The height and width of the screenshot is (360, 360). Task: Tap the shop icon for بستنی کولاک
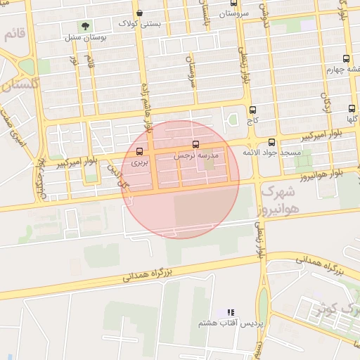(x=139, y=13)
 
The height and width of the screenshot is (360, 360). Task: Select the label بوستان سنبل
(x=85, y=37)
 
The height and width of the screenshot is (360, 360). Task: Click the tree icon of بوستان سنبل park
(x=85, y=27)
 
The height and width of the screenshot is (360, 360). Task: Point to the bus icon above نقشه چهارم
(x=345, y=59)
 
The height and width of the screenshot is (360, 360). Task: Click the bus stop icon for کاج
(x=252, y=110)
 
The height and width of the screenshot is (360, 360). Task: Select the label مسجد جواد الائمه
(x=272, y=152)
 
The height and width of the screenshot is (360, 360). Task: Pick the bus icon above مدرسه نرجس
(x=195, y=143)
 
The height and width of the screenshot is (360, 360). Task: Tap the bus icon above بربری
(x=139, y=151)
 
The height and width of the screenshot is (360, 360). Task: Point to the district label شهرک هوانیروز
(x=280, y=199)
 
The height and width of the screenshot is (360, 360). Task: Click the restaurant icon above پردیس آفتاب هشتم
(x=230, y=312)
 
